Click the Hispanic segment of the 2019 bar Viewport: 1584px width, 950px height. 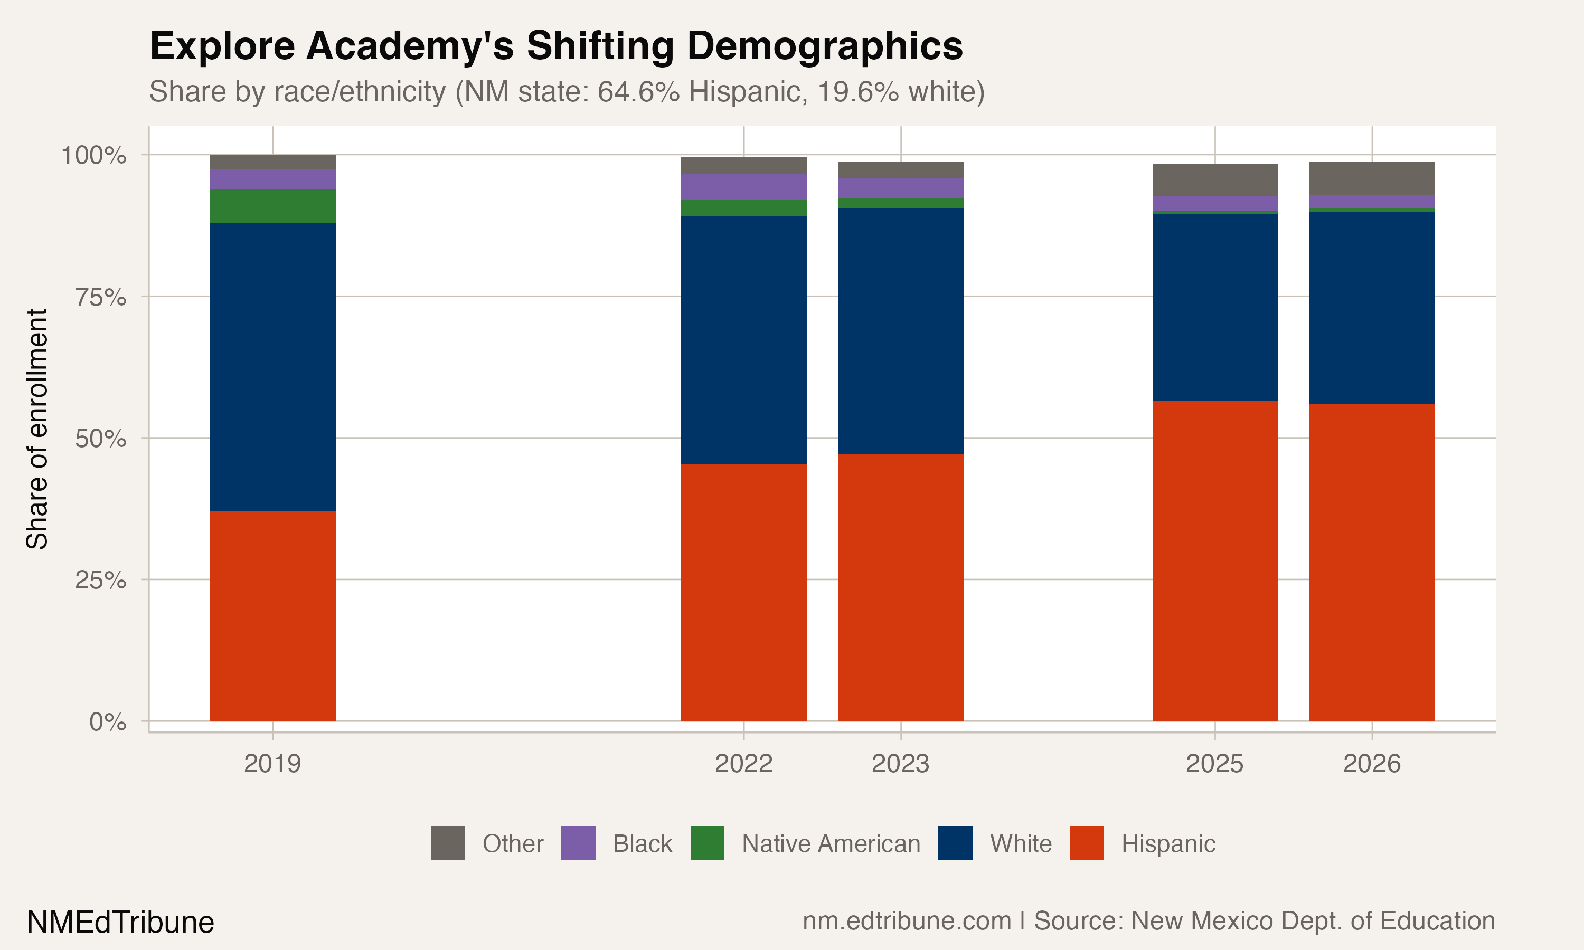click(273, 616)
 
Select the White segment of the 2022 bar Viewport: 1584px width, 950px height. click(743, 340)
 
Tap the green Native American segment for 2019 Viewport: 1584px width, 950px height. click(273, 205)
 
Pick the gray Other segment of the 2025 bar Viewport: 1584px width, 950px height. click(1214, 180)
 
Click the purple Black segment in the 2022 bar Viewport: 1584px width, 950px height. click(743, 186)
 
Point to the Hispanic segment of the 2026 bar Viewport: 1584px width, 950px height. click(1371, 562)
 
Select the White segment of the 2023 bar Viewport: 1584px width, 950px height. click(901, 331)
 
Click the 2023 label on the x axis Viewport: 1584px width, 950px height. click(900, 764)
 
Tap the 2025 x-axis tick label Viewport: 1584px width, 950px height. click(1214, 764)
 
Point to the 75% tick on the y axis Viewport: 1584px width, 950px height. click(100, 297)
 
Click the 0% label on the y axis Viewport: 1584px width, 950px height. click(108, 722)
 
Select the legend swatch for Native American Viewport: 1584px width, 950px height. click(708, 843)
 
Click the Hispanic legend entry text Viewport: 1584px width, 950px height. click(1168, 844)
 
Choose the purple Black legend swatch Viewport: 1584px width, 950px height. click(578, 843)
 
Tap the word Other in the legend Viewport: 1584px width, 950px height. click(513, 844)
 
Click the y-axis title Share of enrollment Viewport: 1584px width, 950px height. click(37, 429)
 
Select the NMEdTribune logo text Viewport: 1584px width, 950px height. click(120, 923)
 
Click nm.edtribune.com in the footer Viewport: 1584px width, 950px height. click(907, 921)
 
